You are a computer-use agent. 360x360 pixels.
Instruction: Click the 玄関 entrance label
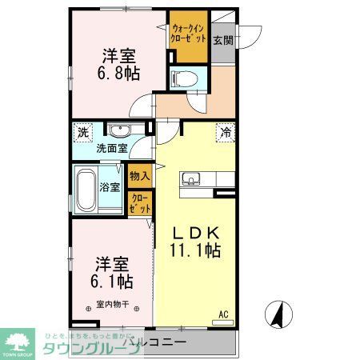[223, 39]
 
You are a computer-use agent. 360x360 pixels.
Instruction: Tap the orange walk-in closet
[190, 36]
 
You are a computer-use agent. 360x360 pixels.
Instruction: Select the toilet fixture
[183, 78]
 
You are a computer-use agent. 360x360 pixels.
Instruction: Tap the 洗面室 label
[113, 148]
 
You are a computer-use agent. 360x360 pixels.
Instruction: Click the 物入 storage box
[138, 174]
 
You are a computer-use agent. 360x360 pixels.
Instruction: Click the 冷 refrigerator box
[226, 134]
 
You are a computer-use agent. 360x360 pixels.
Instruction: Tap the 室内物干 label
[113, 304]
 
